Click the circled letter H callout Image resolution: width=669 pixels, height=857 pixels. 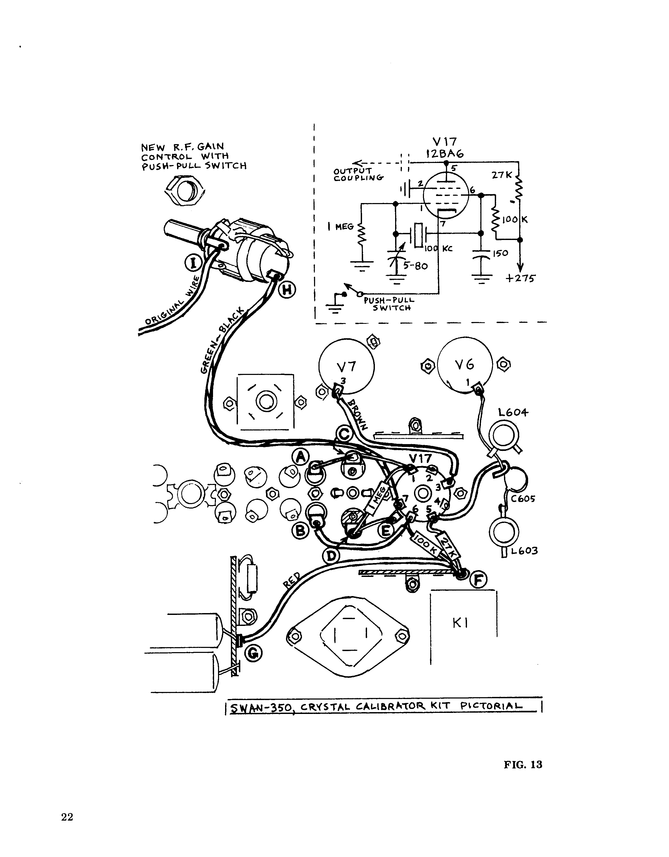click(288, 290)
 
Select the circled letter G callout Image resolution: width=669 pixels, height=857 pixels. click(254, 653)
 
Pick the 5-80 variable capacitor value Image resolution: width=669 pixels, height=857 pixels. click(414, 266)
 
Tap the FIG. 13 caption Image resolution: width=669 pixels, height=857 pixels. click(523, 765)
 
